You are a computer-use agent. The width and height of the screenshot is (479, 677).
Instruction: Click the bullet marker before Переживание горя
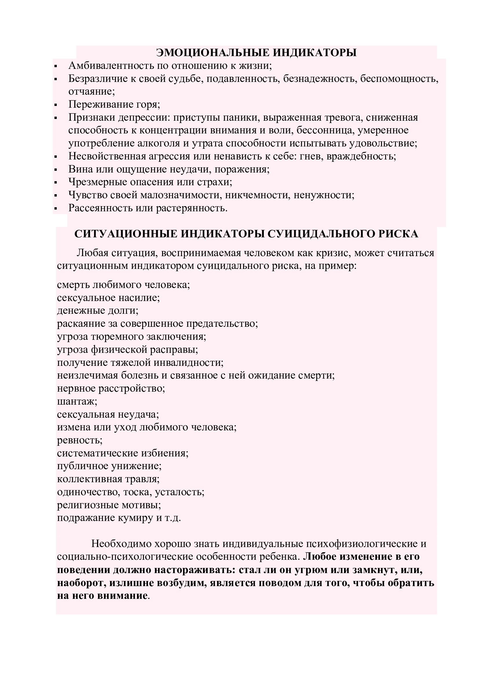click(55, 105)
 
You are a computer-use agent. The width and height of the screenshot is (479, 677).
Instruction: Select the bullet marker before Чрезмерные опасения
click(55, 183)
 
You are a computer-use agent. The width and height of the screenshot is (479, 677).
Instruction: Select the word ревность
click(79, 440)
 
